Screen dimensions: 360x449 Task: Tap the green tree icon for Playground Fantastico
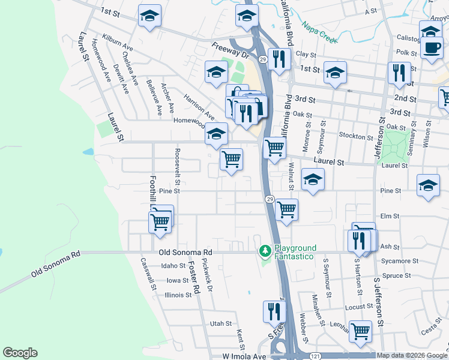[x=264, y=250]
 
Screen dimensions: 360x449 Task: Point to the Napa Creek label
[x=317, y=29]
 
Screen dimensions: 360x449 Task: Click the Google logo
[x=20, y=353]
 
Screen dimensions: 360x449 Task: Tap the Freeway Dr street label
[x=229, y=49]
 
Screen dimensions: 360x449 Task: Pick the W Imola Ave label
[x=244, y=356]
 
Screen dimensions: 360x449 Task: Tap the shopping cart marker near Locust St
[x=360, y=331]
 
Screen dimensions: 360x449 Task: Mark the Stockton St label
[x=353, y=136]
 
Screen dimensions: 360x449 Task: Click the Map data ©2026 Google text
[x=412, y=355]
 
